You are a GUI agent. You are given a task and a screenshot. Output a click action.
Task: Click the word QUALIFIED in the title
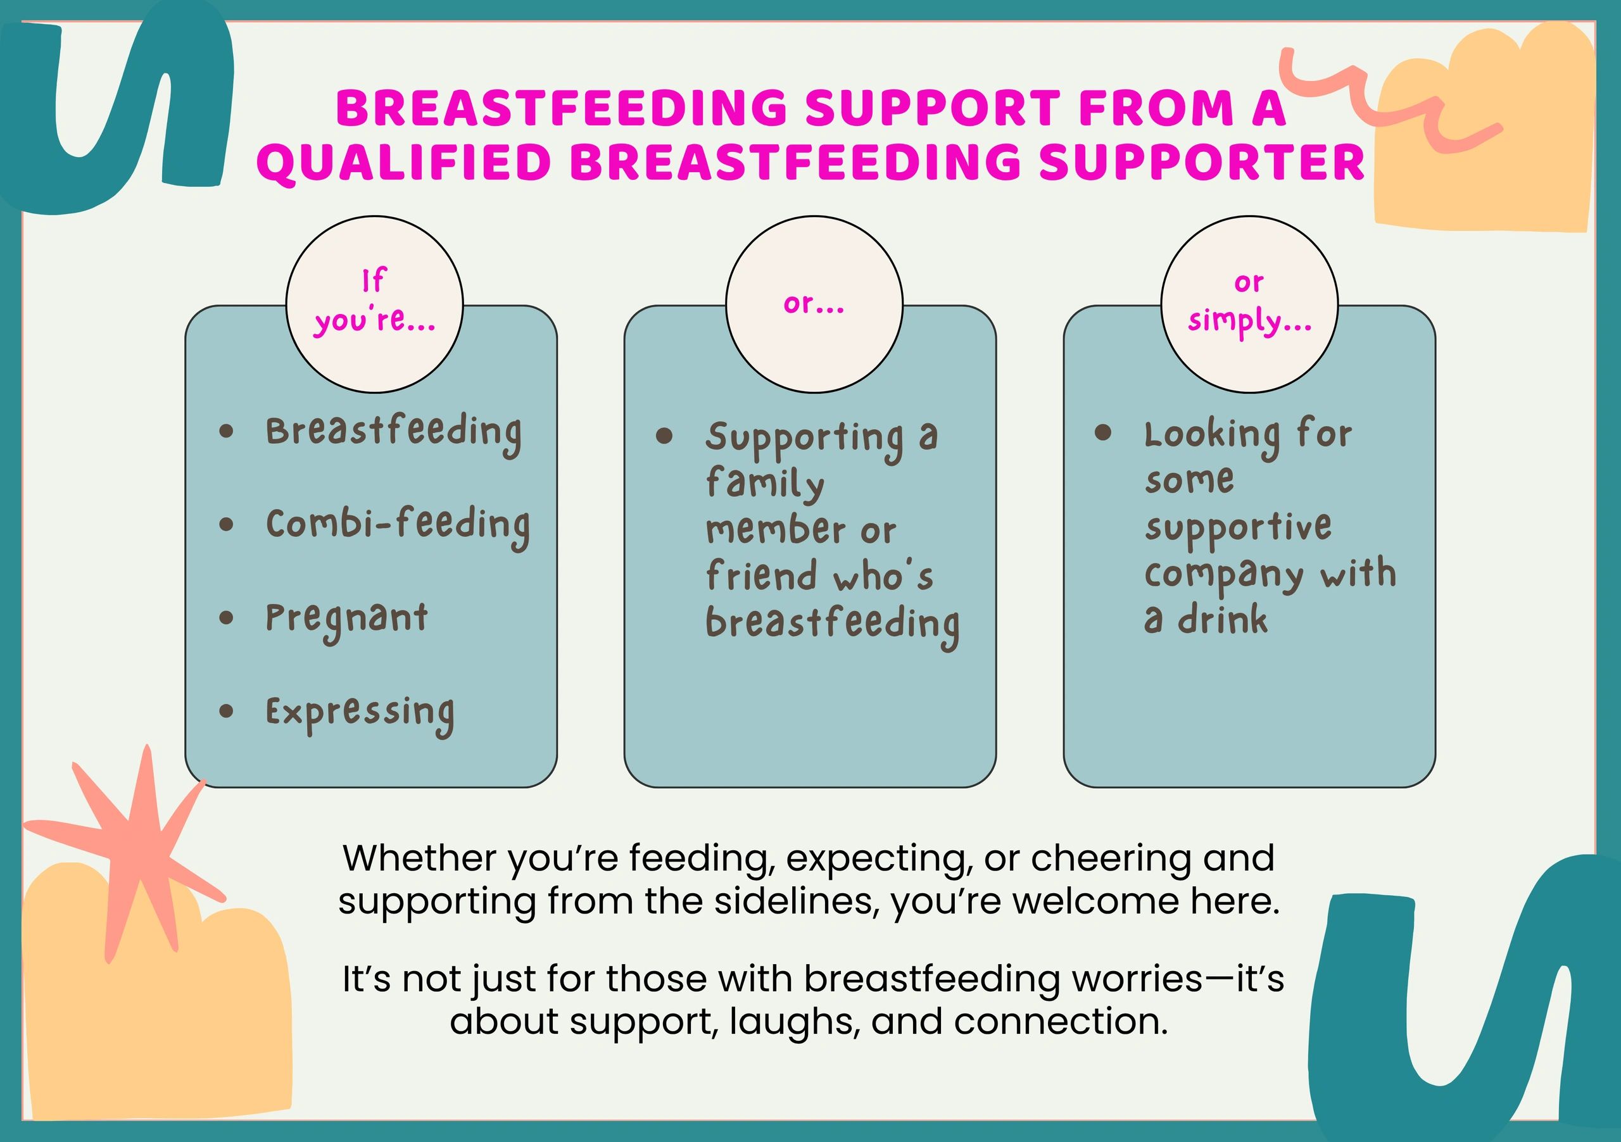(x=405, y=162)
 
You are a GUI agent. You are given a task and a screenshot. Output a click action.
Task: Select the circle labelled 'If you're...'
(x=374, y=304)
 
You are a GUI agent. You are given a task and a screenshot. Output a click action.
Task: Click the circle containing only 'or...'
(x=814, y=304)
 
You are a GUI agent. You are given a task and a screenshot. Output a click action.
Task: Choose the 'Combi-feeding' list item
(x=398, y=527)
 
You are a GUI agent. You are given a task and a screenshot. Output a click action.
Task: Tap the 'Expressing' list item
(x=360, y=713)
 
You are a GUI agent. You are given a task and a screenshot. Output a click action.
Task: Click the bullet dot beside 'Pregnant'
(x=226, y=618)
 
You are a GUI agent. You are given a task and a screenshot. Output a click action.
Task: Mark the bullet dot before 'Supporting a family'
(x=664, y=436)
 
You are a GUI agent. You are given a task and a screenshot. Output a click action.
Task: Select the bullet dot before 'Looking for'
(x=1103, y=432)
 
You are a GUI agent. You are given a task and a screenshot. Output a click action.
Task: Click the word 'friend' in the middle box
(x=762, y=575)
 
